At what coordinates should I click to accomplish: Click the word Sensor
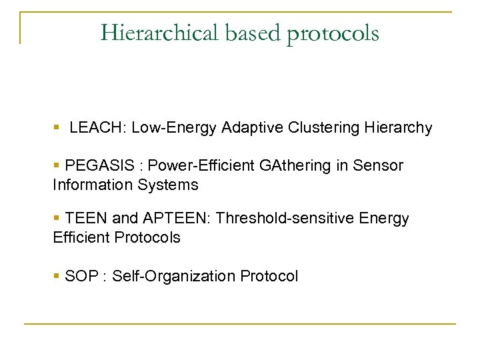click(381, 165)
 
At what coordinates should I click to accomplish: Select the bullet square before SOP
click(57, 275)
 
